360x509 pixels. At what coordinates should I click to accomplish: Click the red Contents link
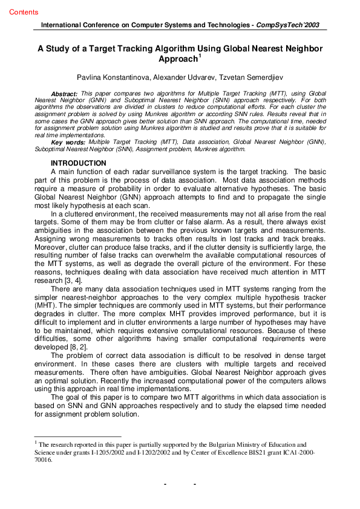(x=24, y=12)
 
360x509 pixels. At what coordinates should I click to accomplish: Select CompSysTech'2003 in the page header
(x=288, y=25)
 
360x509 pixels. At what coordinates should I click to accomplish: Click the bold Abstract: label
(x=64, y=94)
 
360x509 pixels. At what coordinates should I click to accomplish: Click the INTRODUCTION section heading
(x=79, y=164)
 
